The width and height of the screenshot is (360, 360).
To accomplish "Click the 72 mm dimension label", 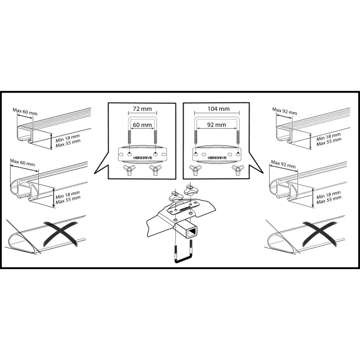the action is [142, 109].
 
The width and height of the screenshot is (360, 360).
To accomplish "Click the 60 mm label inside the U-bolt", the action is [142, 125].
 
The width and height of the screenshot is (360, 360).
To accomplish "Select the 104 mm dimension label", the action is [218, 109].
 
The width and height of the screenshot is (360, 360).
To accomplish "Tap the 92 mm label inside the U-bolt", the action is [217, 125].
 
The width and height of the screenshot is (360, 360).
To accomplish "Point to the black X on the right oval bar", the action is [320, 233].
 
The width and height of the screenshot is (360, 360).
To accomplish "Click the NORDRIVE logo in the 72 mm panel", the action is [143, 158].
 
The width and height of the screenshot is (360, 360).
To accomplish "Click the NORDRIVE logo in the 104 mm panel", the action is [217, 158].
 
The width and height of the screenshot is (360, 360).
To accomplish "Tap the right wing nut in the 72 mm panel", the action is [155, 169].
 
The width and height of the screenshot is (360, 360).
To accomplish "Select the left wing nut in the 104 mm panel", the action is [195, 169].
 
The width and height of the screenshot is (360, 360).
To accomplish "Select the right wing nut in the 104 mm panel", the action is [237, 169].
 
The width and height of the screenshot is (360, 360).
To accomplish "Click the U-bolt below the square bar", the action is [184, 260].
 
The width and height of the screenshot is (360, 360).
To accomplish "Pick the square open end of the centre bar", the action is [192, 232].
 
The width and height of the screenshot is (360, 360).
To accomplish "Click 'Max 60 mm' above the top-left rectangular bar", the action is [25, 112].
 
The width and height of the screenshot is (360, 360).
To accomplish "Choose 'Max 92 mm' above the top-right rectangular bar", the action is [284, 111].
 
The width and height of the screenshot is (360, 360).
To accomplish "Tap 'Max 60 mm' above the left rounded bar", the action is [22, 162].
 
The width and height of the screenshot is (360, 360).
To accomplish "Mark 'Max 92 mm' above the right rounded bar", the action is [283, 164].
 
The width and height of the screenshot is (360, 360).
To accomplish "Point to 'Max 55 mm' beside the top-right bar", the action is [329, 142].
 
